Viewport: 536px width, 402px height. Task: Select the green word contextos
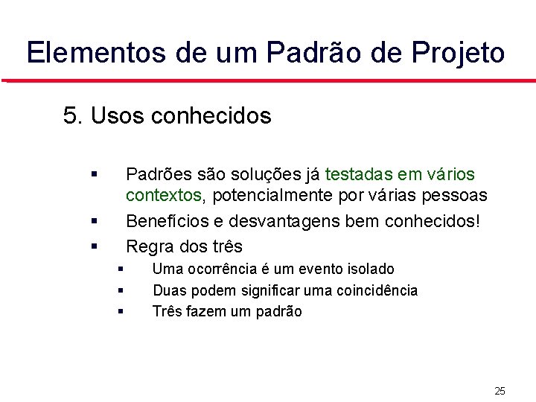pos(163,196)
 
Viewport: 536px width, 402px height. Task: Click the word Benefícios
pos(173,222)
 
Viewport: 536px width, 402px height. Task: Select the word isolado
pos(369,269)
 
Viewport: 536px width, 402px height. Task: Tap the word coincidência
pos(373,290)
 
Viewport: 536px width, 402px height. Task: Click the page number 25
pos(500,391)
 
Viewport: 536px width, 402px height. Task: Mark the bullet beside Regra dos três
pos(95,246)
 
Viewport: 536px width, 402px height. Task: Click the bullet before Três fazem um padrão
pos(120,311)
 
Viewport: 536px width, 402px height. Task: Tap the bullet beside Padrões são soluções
pos(95,174)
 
